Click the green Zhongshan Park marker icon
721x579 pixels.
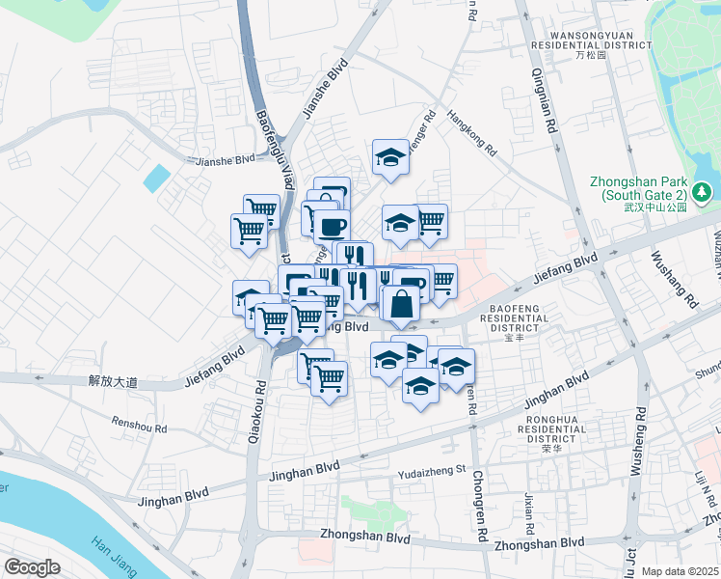coord(705,192)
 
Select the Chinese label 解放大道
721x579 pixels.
coord(113,382)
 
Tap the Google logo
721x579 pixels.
coord(32,566)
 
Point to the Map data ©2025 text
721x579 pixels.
coord(680,571)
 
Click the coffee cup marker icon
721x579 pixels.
coord(332,228)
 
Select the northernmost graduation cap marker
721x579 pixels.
coord(390,157)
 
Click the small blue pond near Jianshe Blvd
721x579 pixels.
coord(155,178)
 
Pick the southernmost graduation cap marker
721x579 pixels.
coord(420,386)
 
